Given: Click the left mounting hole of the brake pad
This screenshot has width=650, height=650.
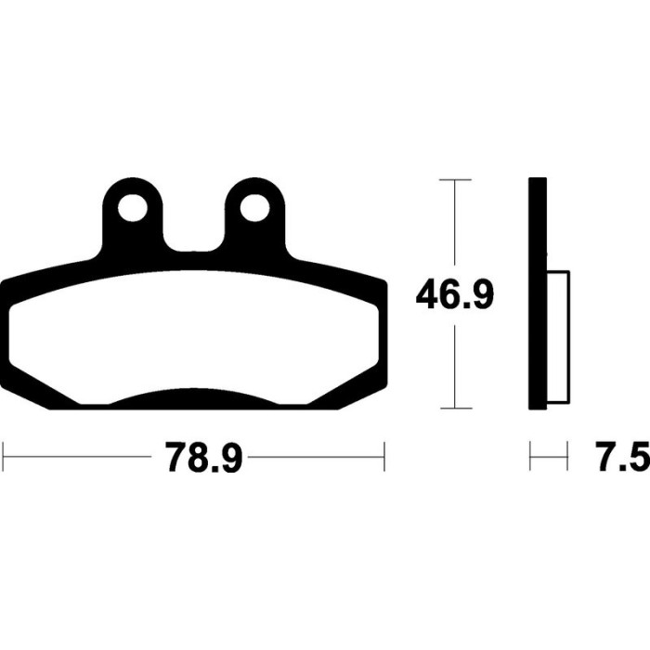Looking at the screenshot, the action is click(x=133, y=208).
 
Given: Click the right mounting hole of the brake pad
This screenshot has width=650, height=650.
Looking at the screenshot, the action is click(x=254, y=208).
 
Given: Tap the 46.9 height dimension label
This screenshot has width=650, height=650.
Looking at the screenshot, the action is click(x=455, y=294).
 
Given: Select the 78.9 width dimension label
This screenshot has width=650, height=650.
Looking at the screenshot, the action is click(x=203, y=457).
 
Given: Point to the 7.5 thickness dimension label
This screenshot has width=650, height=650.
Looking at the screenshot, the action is click(x=624, y=457).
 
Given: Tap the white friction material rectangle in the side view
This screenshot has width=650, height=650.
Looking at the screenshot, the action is click(x=558, y=336).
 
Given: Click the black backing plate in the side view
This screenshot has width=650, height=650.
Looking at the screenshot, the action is click(x=538, y=294).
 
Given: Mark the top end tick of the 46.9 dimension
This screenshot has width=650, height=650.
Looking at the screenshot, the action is click(x=455, y=179).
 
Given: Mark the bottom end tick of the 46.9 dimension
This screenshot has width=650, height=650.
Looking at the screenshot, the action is click(x=455, y=408).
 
